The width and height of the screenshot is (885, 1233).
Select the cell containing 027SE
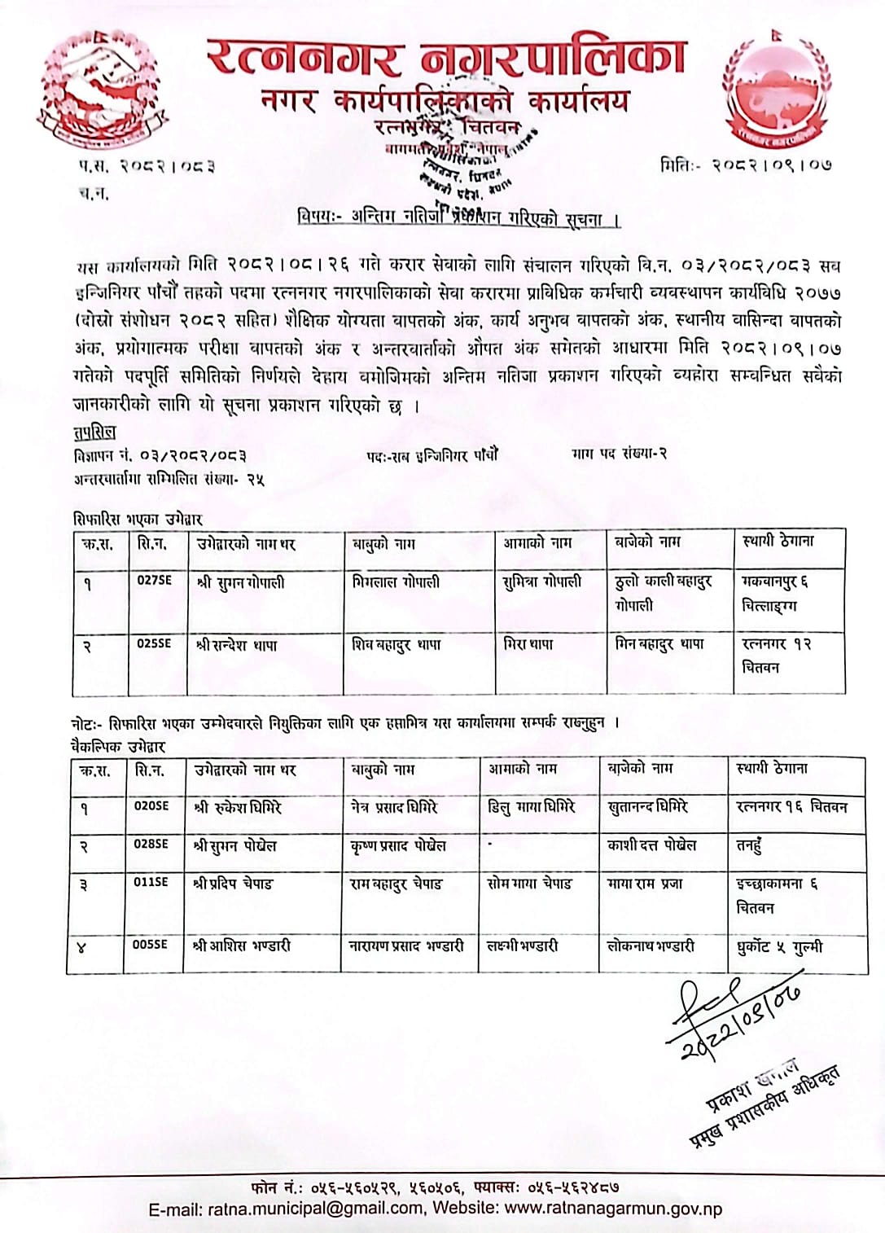tap(154, 581)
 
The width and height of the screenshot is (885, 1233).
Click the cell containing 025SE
tap(154, 643)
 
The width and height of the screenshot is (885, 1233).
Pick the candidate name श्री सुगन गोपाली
tap(241, 582)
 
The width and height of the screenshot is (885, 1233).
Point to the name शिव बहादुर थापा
tap(396, 644)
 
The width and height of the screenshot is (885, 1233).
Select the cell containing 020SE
tap(151, 805)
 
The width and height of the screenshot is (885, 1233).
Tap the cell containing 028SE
tap(151, 844)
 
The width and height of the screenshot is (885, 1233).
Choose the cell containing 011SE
tap(151, 881)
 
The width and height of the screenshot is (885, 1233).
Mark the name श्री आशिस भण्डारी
tap(242, 946)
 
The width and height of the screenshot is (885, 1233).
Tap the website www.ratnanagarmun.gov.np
tap(613, 1209)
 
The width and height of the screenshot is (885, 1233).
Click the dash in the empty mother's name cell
tap(489, 844)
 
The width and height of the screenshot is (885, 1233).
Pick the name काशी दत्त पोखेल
tap(651, 845)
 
